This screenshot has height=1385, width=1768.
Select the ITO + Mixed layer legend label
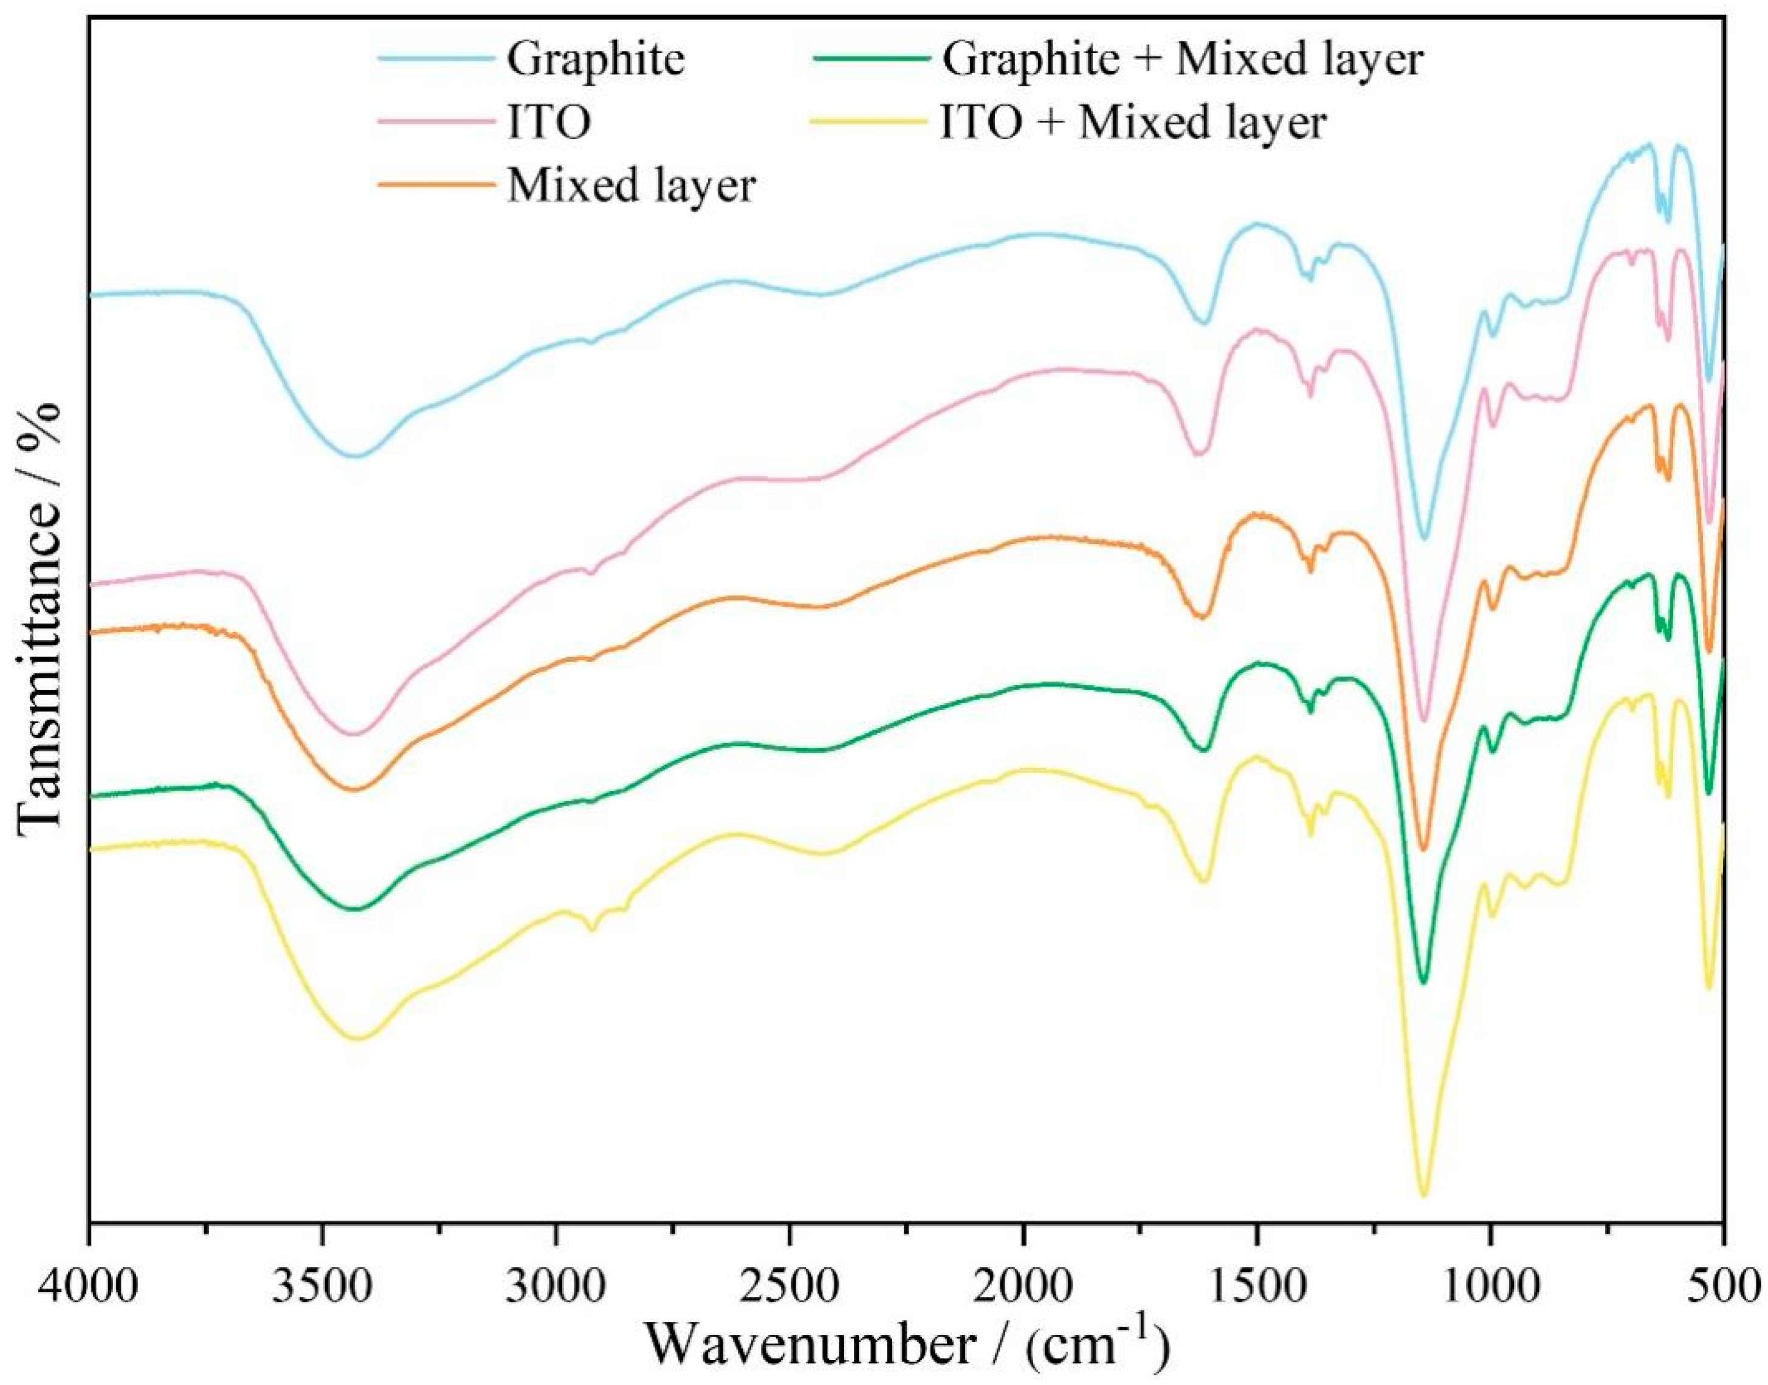(x=1133, y=123)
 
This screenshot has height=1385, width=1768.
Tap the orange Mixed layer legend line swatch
(x=436, y=186)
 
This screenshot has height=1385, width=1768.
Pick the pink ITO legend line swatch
(x=436, y=123)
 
